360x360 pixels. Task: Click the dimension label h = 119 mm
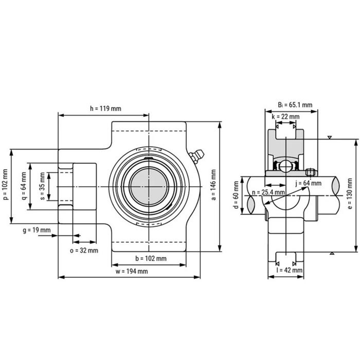click(x=105, y=109)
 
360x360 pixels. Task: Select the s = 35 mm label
click(x=42, y=186)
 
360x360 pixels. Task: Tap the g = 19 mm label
click(x=37, y=230)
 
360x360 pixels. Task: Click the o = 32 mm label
click(x=83, y=250)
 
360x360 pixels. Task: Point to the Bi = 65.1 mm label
click(x=295, y=104)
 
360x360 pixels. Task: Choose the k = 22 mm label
click(x=285, y=117)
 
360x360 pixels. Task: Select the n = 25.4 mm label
click(x=268, y=192)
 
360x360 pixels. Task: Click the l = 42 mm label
click(x=289, y=269)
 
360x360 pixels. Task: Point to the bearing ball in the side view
click(x=285, y=166)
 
